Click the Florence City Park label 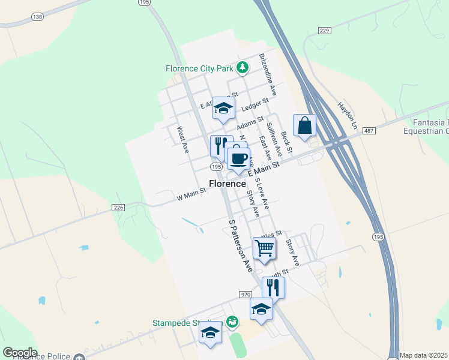pyautogui.click(x=199, y=68)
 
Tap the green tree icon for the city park pyautogui.click(x=242, y=67)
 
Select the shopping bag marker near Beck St pyautogui.click(x=304, y=126)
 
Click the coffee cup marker pyautogui.click(x=238, y=159)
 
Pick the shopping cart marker pyautogui.click(x=264, y=247)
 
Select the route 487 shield pyautogui.click(x=369, y=130)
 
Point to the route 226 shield pyautogui.click(x=118, y=208)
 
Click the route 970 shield pyautogui.click(x=245, y=295)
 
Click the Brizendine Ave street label pyautogui.click(x=268, y=74)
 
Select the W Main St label pyautogui.click(x=191, y=194)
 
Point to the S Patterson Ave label pyautogui.click(x=241, y=245)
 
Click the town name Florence pyautogui.click(x=228, y=184)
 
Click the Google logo pyautogui.click(x=20, y=352)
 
